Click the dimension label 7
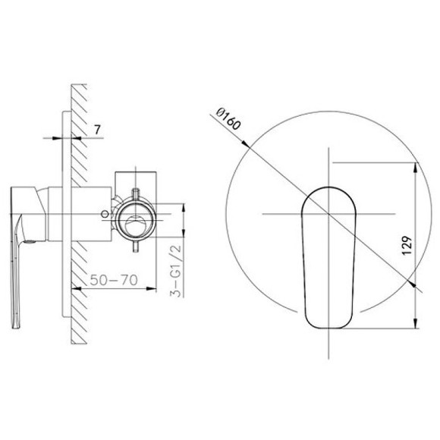(97, 130)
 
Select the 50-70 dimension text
(114, 280)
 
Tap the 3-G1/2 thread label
(176, 270)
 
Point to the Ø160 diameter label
(228, 120)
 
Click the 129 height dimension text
(407, 246)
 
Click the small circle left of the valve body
(105, 214)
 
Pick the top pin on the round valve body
(136, 193)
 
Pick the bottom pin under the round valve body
(136, 247)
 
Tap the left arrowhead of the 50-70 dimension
(77, 288)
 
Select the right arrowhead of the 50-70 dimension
(151, 288)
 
